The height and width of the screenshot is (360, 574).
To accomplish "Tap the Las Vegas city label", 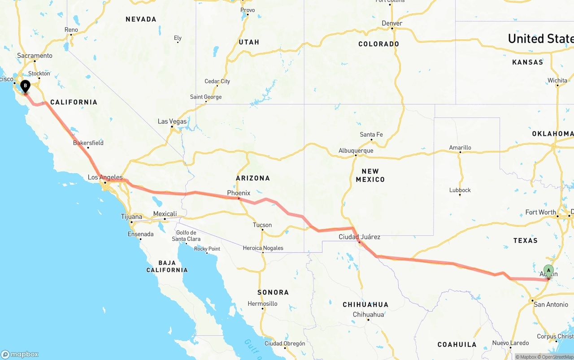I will coord(172,121).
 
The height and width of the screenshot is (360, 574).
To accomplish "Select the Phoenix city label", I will coord(239,193).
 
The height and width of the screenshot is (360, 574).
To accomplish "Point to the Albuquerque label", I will coord(356,151).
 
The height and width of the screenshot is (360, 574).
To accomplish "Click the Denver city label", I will coord(392,23).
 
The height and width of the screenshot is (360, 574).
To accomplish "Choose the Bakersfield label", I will coord(88,143).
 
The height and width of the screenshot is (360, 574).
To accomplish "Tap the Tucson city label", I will coord(262,225).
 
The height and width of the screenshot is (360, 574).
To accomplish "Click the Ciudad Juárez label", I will coord(360,237).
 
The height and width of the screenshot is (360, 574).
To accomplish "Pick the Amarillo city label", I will coord(460,147).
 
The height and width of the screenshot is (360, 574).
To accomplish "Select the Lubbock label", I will coord(460,190).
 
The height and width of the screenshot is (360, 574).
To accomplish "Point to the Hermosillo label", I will coord(262,304).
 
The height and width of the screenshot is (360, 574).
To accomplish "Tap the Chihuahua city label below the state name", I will coord(368,314).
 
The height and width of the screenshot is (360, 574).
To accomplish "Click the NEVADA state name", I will coord(141,19).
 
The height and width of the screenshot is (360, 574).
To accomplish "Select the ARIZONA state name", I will coord(253,178).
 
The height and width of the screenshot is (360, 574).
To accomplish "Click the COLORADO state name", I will coord(378,44).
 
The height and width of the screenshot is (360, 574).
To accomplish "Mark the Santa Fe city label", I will coord(371,134).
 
